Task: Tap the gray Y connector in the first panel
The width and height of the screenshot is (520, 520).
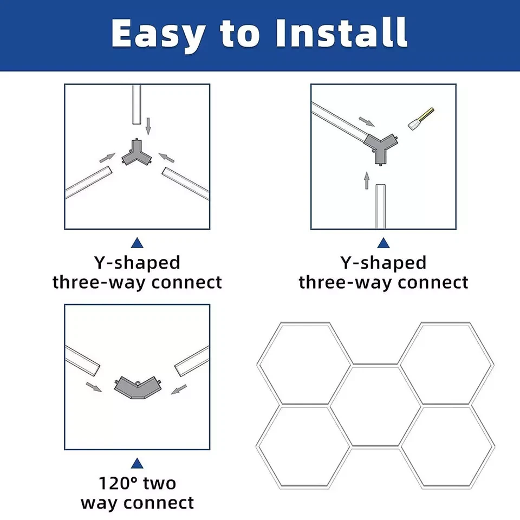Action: click(136, 153)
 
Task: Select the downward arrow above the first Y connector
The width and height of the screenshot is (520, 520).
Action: click(148, 126)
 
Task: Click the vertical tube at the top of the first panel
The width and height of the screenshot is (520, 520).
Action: click(136, 105)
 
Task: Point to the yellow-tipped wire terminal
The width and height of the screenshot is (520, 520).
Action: click(421, 119)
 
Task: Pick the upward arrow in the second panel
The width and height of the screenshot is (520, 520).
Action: click(367, 180)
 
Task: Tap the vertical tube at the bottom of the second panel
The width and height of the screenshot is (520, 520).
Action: click(380, 206)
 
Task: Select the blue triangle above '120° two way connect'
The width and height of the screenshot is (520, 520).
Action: click(137, 463)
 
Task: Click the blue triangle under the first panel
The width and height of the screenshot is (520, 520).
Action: click(137, 243)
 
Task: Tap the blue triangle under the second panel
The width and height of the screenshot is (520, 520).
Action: click(383, 243)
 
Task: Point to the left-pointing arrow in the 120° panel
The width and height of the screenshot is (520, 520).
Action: click(179, 389)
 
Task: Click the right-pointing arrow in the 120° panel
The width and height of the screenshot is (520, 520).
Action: click(94, 387)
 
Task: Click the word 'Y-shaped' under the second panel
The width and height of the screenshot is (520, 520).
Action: click(383, 263)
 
